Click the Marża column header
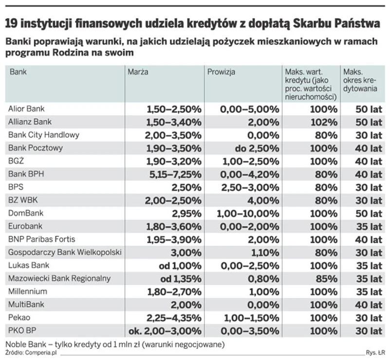(x=138, y=72)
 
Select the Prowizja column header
(x=221, y=72)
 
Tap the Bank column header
(x=19, y=72)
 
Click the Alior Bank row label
(x=27, y=108)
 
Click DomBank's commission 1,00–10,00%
(x=248, y=213)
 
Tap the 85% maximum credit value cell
(x=326, y=279)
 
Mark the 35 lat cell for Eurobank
(x=369, y=226)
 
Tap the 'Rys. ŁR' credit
(x=375, y=352)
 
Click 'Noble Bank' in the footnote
(x=24, y=344)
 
